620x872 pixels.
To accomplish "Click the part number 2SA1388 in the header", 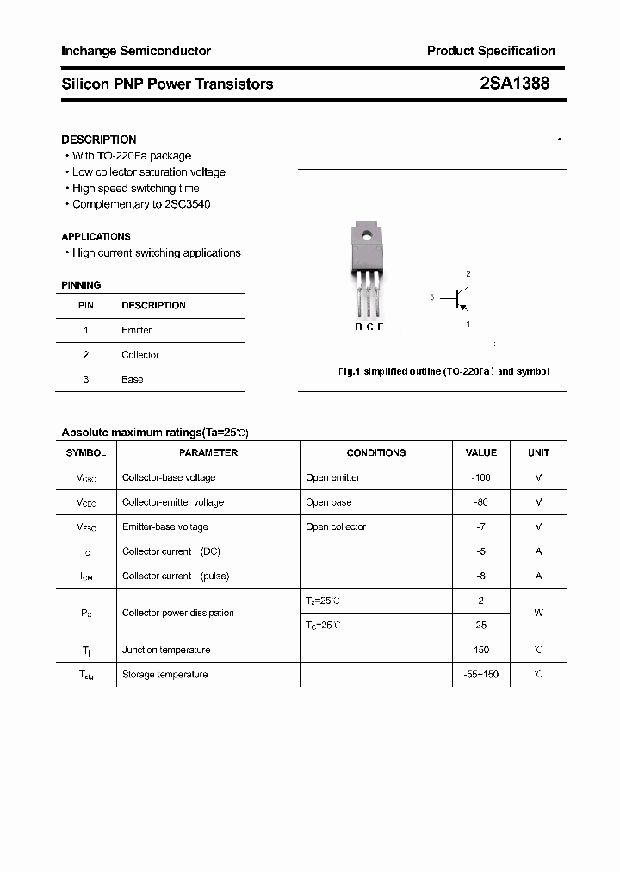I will coord(515,84).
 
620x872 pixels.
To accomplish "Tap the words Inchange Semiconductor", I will coord(136,51).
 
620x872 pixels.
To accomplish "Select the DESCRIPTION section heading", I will coord(99,140).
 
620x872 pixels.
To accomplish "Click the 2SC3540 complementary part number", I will coord(184,204).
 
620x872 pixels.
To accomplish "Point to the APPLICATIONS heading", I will coord(96,236).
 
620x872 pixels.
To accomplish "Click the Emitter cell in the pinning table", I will coord(137,330).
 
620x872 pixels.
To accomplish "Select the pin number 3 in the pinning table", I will coord(86,379).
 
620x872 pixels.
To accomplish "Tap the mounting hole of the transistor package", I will coord(366,234).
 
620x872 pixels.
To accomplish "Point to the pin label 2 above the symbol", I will coord(468,274).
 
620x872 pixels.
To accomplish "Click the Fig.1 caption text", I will coord(443,371).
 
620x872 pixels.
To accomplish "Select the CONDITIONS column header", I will coord(376,452).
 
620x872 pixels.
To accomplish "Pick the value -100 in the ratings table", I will coord(481,477).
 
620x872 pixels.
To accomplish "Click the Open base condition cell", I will coord(329,502).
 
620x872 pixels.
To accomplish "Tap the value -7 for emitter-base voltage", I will coord(481,526).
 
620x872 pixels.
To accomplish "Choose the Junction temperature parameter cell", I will coord(166,650).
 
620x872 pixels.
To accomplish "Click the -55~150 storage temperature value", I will coord(481,675).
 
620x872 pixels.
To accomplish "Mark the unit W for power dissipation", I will coord(538,613).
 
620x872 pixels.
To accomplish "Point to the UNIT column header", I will coord(538,452).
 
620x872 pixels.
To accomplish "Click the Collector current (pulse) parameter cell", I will coord(176,576).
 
